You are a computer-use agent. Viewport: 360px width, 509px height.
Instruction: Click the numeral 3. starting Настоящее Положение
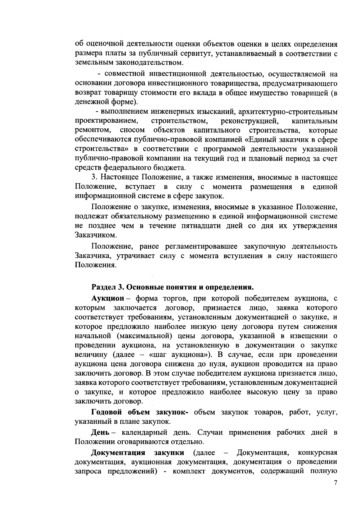pos(94,177)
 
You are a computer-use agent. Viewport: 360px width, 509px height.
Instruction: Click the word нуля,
pos(216,364)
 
